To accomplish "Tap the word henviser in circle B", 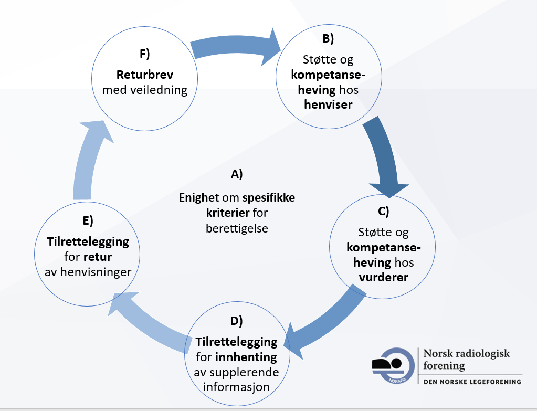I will [x=328, y=104].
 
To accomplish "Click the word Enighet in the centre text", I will [x=199, y=198].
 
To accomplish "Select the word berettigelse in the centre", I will [x=237, y=229].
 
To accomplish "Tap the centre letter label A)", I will [x=237, y=174].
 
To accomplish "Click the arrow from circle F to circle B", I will [x=236, y=47].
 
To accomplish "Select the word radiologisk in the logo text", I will [x=481, y=353].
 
